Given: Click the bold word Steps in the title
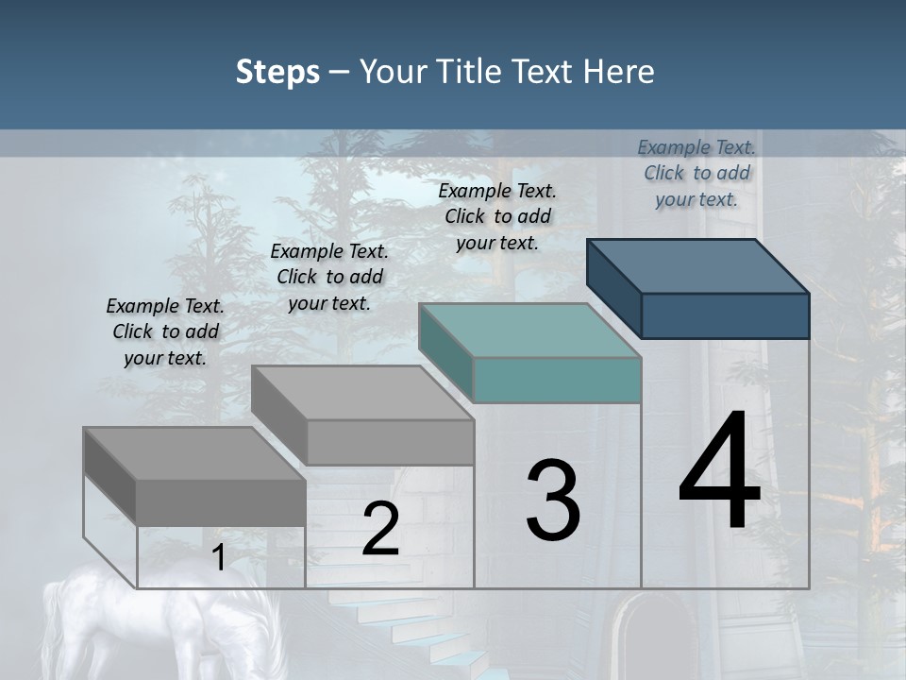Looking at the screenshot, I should point(277,72).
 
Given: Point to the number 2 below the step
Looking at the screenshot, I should point(380,529).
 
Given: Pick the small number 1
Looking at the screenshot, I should point(218,557).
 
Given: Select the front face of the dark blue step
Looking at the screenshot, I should point(725,315).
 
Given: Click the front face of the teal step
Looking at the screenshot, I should point(557,380).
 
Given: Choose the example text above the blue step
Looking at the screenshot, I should point(696,173).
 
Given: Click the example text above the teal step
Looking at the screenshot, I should point(497,216).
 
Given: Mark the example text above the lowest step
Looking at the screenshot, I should point(165,331).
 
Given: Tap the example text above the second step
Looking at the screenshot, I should point(329,277).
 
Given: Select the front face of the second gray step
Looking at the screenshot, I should point(390,442).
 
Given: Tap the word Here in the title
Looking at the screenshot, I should point(619,72).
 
